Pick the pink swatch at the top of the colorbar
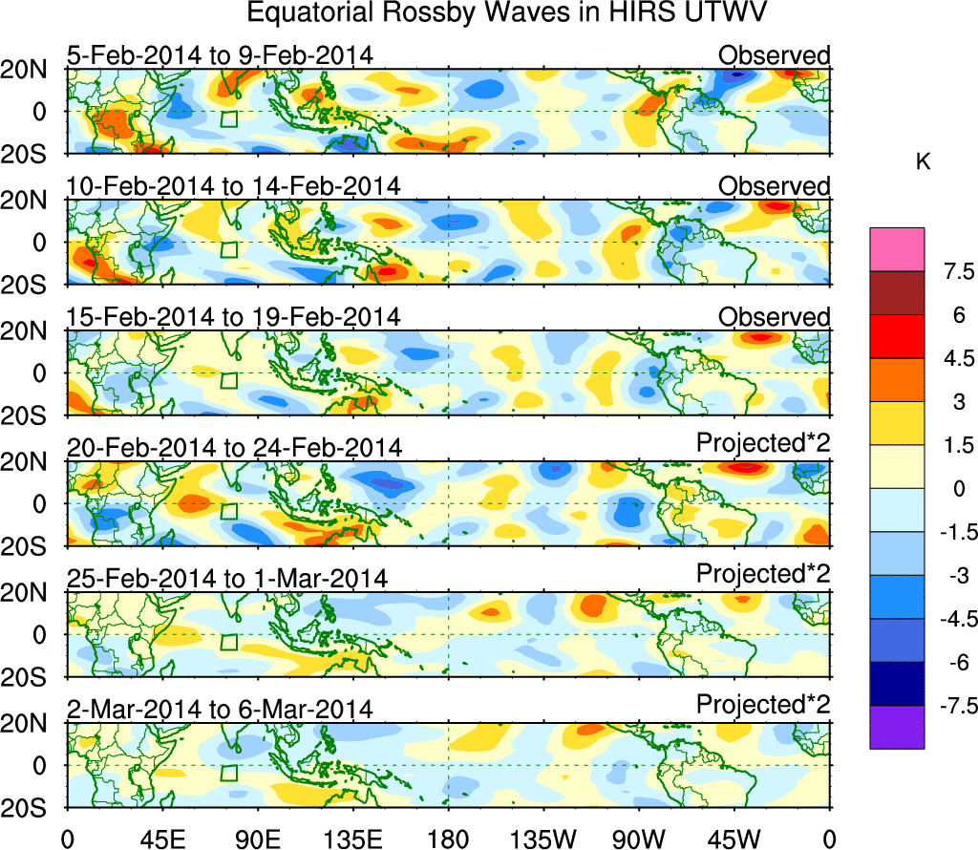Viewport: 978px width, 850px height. (897, 249)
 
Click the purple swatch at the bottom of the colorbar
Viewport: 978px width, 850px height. (897, 727)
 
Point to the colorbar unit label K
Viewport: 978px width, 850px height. (923, 163)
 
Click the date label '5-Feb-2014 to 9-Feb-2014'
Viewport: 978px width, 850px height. (219, 55)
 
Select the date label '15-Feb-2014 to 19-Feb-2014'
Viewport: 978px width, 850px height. (234, 317)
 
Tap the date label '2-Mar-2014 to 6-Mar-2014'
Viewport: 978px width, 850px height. (220, 709)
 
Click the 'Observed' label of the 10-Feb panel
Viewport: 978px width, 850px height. (775, 186)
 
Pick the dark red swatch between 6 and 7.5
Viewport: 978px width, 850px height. (897, 293)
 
